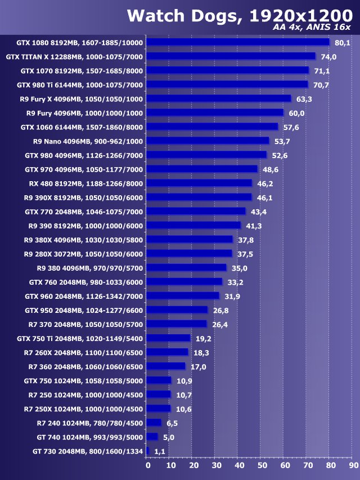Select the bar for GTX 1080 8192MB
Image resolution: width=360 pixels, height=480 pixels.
click(238, 42)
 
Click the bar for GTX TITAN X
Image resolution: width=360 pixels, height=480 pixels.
click(231, 56)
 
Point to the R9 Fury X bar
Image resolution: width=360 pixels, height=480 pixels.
click(219, 98)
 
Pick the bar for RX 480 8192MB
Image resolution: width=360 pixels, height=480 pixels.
click(199, 183)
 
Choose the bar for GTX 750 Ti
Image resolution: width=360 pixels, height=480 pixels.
click(169, 338)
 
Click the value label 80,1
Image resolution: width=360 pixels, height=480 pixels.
click(342, 43)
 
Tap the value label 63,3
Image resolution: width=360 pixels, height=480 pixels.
click(304, 99)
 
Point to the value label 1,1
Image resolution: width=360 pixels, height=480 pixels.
click(160, 451)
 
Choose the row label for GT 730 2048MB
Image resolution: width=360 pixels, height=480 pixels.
click(88, 451)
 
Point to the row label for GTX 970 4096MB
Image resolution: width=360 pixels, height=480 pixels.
click(84, 169)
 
